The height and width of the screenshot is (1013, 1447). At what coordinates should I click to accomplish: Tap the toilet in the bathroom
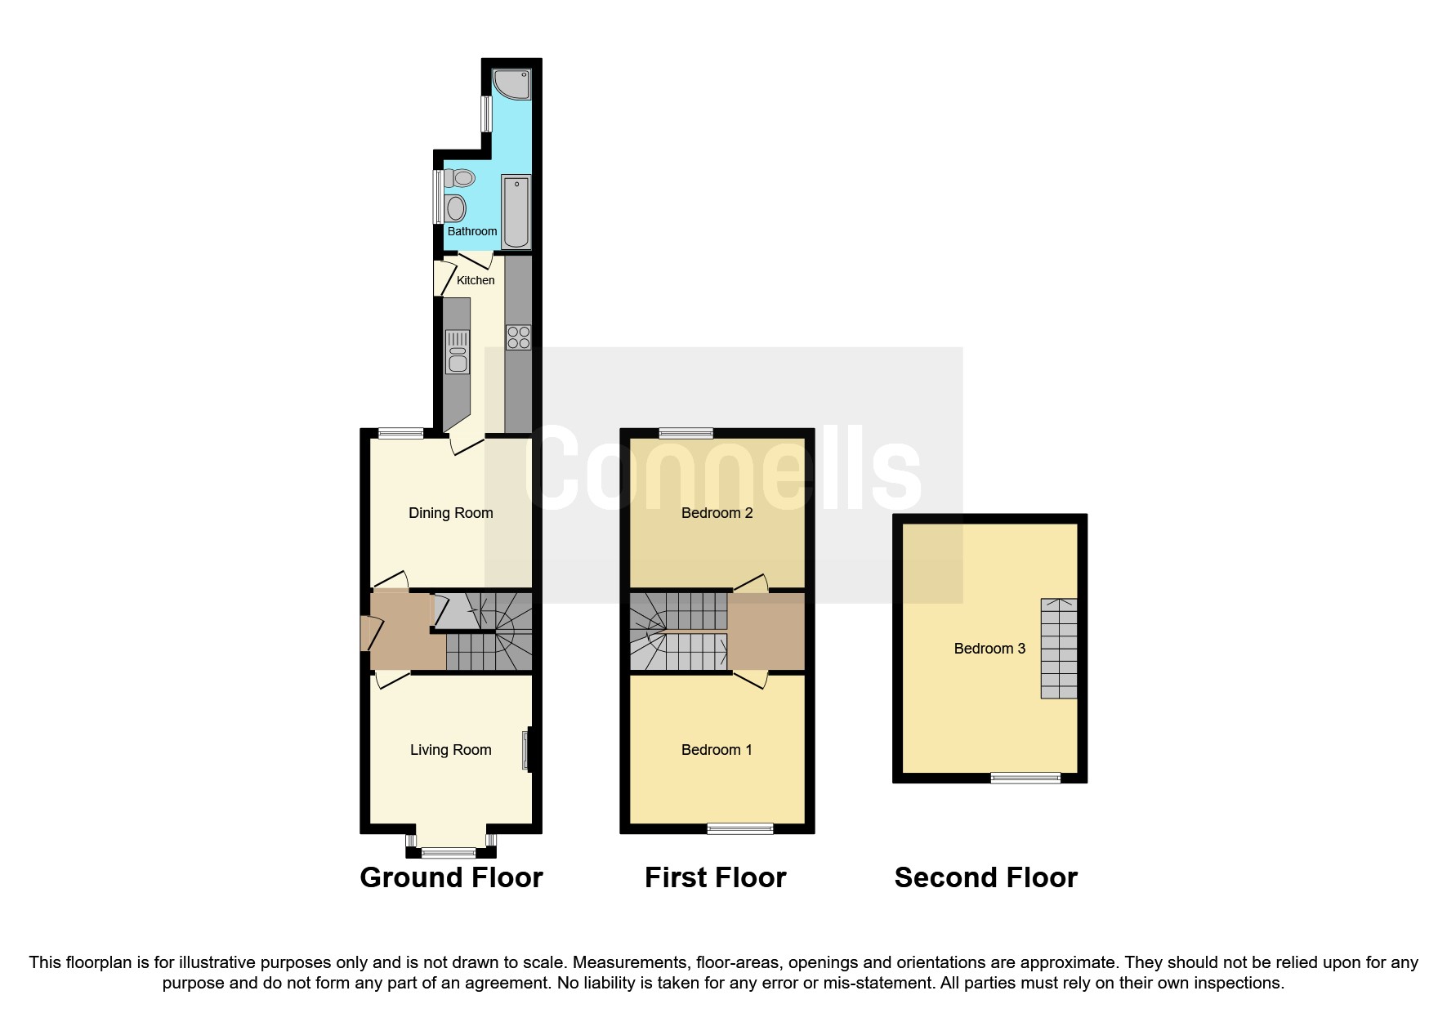coord(460,177)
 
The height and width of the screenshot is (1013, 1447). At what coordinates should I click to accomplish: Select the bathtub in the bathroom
coord(516,212)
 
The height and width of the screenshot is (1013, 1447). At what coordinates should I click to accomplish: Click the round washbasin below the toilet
coord(455,208)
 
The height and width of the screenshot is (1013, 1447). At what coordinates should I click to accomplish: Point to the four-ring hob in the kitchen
coord(519,337)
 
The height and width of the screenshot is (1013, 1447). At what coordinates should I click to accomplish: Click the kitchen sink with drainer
coord(458,352)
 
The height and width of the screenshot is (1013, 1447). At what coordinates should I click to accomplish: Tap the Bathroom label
coord(472,231)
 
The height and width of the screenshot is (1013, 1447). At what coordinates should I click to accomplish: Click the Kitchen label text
coord(476,280)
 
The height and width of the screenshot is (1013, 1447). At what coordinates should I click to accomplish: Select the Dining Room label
coord(451,513)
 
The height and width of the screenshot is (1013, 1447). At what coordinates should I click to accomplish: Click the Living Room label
coord(451,750)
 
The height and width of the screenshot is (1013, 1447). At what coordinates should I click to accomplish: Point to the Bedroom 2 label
coord(717,513)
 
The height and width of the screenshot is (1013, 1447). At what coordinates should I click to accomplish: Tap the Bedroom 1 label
coord(717,750)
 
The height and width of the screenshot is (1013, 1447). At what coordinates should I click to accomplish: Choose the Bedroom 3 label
coord(989,649)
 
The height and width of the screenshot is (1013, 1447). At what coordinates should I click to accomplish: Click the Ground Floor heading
coord(451,877)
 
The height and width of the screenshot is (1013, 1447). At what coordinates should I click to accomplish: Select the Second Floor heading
coord(985,877)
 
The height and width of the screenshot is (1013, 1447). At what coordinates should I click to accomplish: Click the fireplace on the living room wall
coord(527,750)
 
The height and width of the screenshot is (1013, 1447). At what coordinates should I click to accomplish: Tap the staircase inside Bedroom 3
coord(1058,649)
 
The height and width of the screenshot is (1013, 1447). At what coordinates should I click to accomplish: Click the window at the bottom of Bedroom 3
coord(1025,778)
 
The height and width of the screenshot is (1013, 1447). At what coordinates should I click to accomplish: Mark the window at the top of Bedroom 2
coord(686,434)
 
